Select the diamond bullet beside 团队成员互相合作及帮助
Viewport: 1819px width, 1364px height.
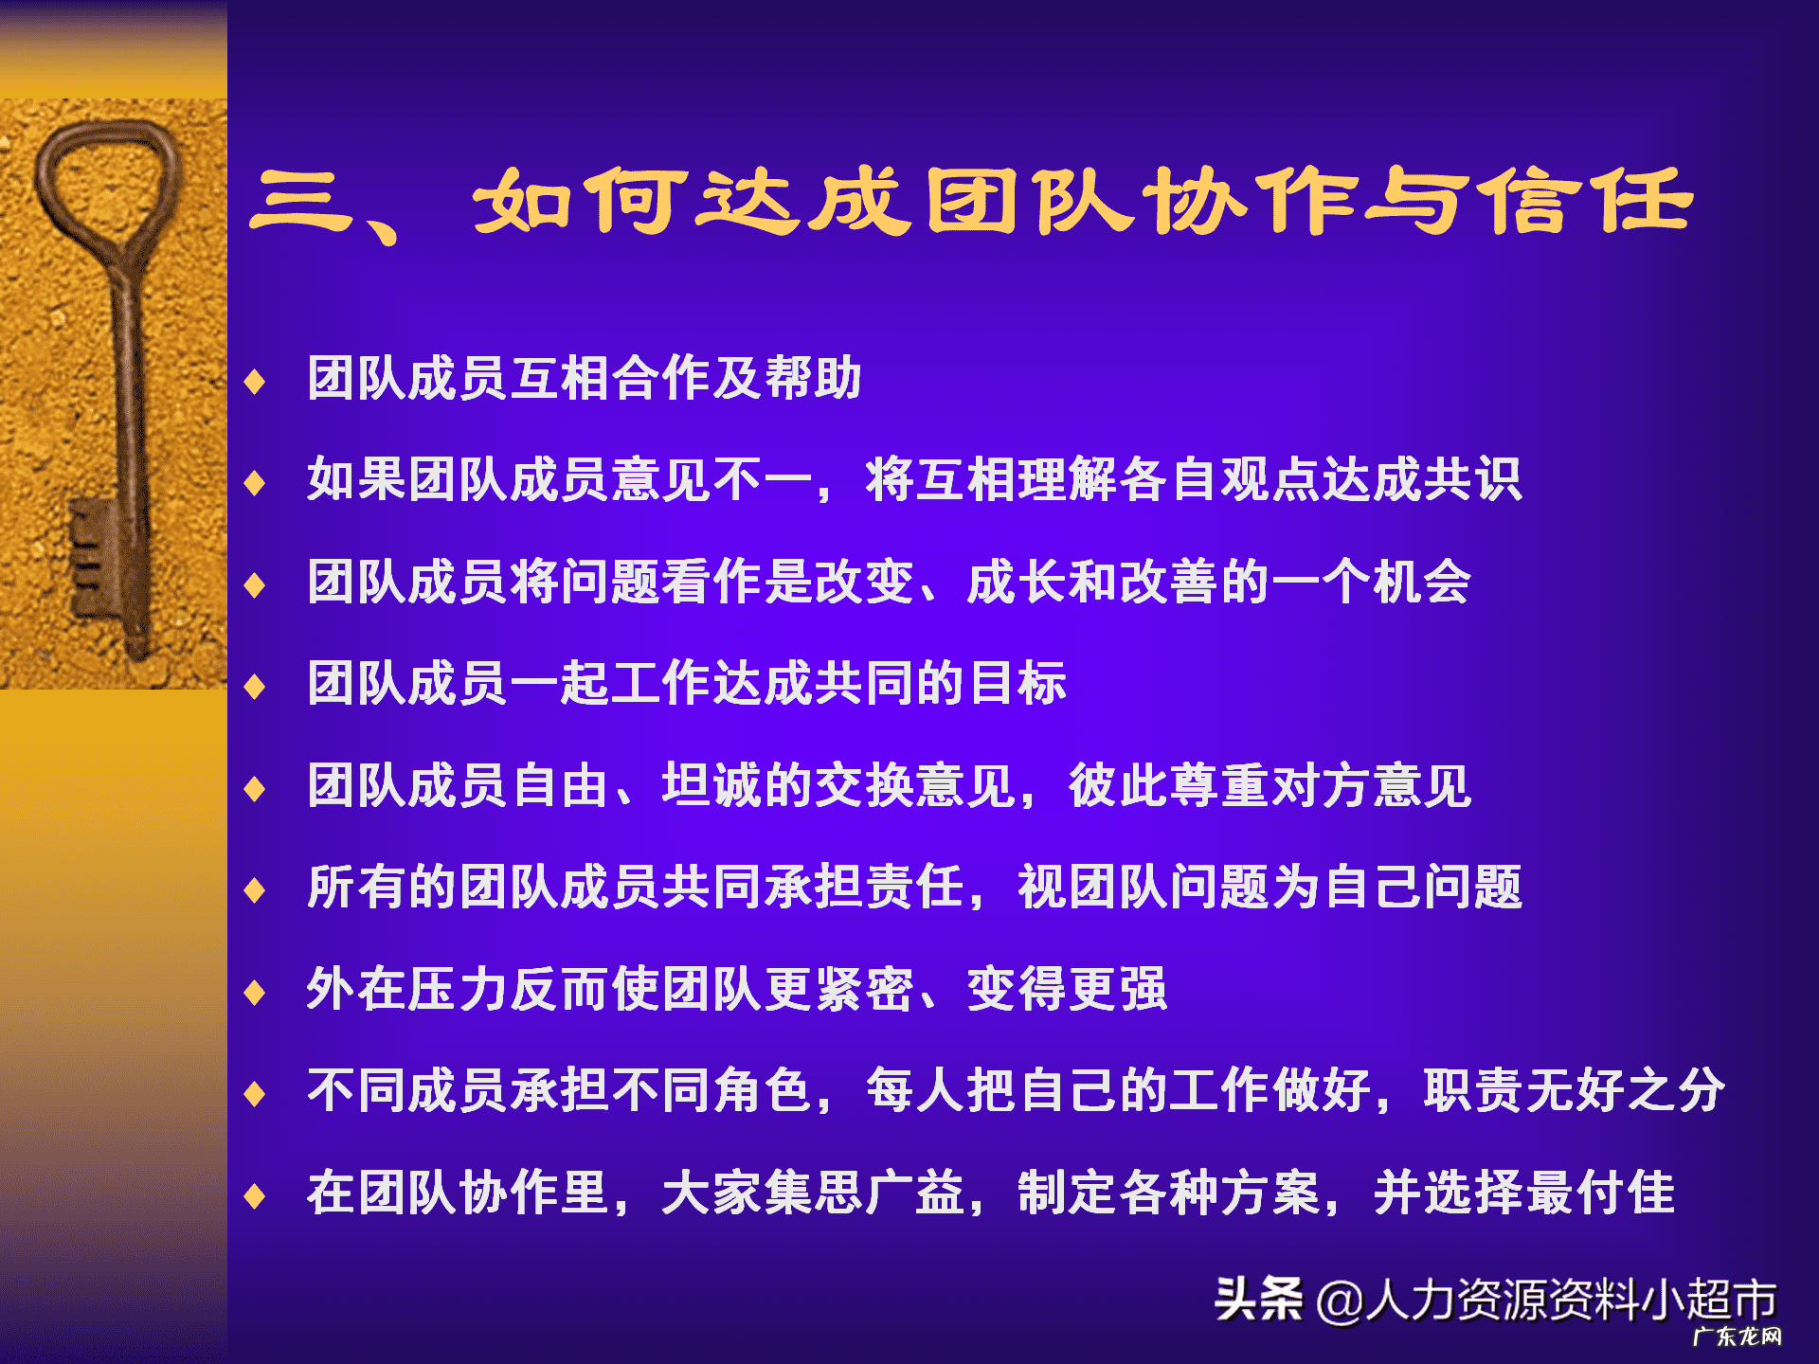(x=254, y=382)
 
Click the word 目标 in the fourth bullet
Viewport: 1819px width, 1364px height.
(x=1018, y=683)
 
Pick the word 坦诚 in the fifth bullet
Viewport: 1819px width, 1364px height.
(x=712, y=785)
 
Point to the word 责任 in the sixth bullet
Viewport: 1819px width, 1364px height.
(x=915, y=887)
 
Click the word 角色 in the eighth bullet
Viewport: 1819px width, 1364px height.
(x=764, y=1090)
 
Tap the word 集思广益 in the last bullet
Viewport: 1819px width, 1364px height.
(x=813, y=1193)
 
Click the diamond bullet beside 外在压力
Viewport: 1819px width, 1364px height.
(x=254, y=993)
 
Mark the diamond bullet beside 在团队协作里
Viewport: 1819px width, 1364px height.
(x=254, y=1196)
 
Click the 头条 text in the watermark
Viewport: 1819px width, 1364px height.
(x=1258, y=1299)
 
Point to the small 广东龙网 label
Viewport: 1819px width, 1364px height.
(x=1738, y=1337)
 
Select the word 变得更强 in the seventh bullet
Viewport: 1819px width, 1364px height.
(x=1067, y=989)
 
